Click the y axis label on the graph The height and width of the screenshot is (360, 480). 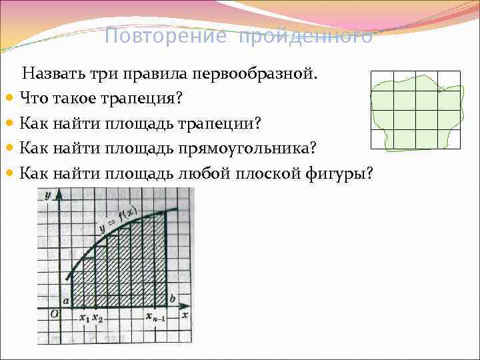48,195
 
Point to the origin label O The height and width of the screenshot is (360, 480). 53,313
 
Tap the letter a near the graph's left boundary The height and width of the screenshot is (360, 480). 66,301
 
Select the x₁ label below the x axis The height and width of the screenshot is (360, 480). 84,319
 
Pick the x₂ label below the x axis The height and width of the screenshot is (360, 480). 97,319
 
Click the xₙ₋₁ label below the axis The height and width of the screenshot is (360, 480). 156,319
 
